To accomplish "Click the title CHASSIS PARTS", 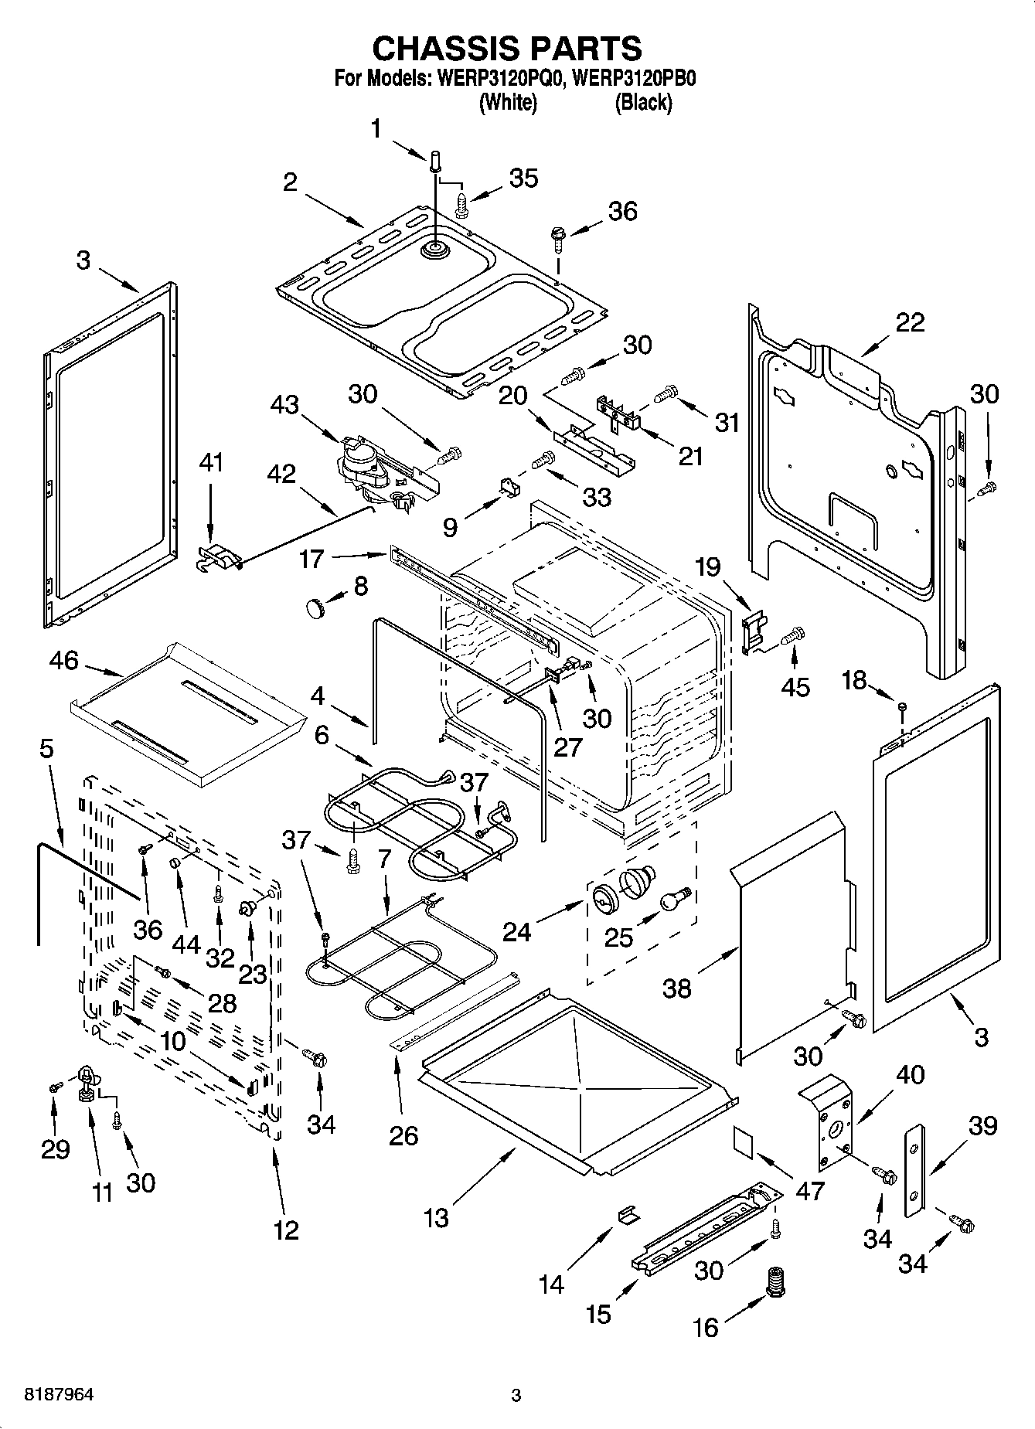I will [507, 48].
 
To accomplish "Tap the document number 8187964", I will [60, 1395].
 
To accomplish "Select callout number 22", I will [909, 322].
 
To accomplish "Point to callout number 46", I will [63, 660].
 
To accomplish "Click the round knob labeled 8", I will [315, 607].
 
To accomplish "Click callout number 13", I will [436, 1218].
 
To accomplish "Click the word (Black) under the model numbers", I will [643, 102].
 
